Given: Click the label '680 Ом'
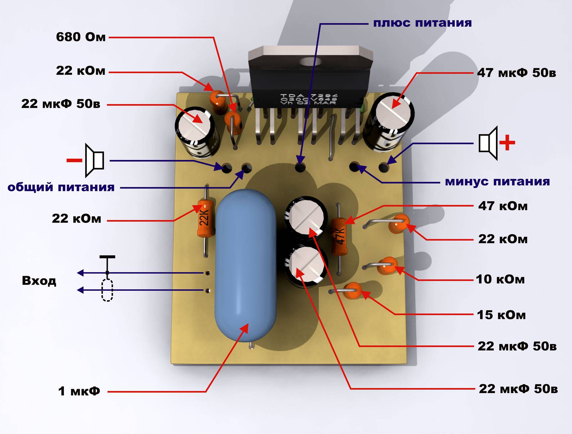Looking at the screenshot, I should pos(81,37).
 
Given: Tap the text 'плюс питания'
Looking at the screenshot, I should pos(422,23).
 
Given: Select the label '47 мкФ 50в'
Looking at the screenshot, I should pos(516,73).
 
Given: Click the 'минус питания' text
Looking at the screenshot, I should pos(497,182).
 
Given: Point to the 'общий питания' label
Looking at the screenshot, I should pos(61,187).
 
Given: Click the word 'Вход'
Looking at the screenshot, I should pos(39,281).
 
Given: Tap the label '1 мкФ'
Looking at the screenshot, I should pos(79,391).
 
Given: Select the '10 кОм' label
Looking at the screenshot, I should pos(500,279).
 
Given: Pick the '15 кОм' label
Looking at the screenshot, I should pos(501,315).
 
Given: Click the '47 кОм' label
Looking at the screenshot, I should pos(503,206).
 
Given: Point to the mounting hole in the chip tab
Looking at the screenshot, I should pos(310,61).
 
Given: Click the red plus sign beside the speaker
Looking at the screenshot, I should pos(507,143).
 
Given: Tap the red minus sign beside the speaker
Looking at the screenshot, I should pos(74,160).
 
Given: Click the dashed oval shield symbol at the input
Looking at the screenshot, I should pos(107,290).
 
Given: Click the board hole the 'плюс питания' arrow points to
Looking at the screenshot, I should pos(300,167).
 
